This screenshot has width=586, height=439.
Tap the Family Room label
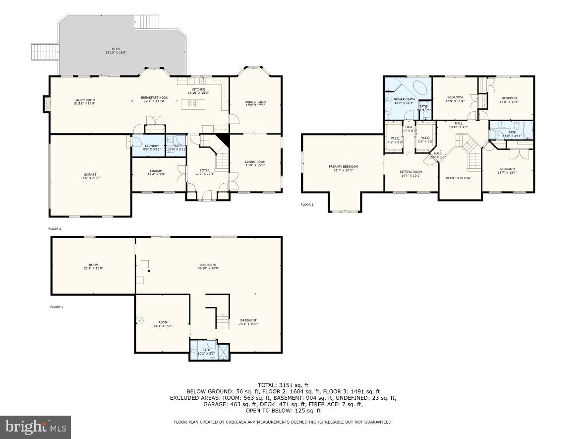pyautogui.click(x=84, y=101)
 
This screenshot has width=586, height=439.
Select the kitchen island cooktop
pyautogui.click(x=192, y=104)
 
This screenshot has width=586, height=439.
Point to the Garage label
pyautogui.click(x=90, y=176)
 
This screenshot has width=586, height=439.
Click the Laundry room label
pyautogui.click(x=151, y=147)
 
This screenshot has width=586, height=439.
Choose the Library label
pyautogui.click(x=156, y=172)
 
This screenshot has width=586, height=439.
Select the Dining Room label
pyautogui.click(x=255, y=103)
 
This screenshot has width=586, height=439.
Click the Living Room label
pyautogui.click(x=255, y=163)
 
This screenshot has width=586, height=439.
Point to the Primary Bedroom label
pyautogui.click(x=343, y=168)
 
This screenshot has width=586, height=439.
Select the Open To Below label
pyautogui.click(x=458, y=178)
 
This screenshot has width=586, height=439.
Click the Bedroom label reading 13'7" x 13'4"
pyautogui.click(x=507, y=170)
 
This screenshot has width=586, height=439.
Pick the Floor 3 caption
pyautogui.click(x=307, y=204)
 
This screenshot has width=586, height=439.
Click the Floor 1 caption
pyautogui.click(x=57, y=307)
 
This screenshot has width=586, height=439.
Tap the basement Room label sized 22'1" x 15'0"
pyautogui.click(x=94, y=266)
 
